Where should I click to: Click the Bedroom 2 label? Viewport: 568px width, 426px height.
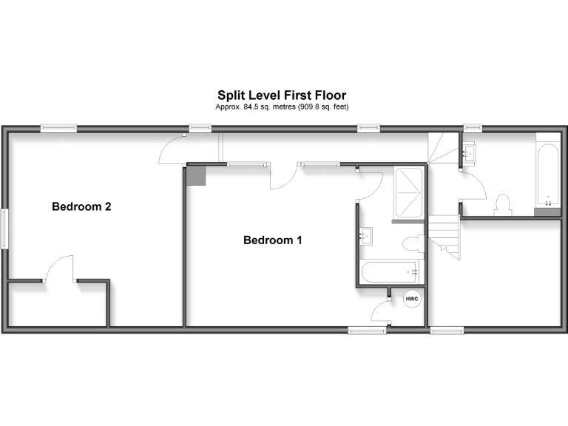click(81, 207)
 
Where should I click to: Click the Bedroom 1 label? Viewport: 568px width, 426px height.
click(273, 240)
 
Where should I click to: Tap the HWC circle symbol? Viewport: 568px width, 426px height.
click(411, 300)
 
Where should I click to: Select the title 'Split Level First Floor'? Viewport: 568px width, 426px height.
click(281, 95)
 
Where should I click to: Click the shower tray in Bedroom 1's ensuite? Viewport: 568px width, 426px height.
click(408, 194)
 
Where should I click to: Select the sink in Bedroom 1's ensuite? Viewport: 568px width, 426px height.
click(366, 237)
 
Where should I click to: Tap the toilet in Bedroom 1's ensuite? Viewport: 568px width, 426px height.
click(413, 245)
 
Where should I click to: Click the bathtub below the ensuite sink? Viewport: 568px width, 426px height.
click(390, 271)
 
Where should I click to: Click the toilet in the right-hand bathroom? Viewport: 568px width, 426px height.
click(504, 205)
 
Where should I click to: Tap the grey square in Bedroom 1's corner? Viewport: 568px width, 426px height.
click(196, 175)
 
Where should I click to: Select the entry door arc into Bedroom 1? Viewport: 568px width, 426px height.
click(283, 177)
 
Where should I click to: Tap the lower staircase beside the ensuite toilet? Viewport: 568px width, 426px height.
click(446, 237)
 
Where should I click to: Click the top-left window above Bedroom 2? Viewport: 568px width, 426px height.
click(58, 128)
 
